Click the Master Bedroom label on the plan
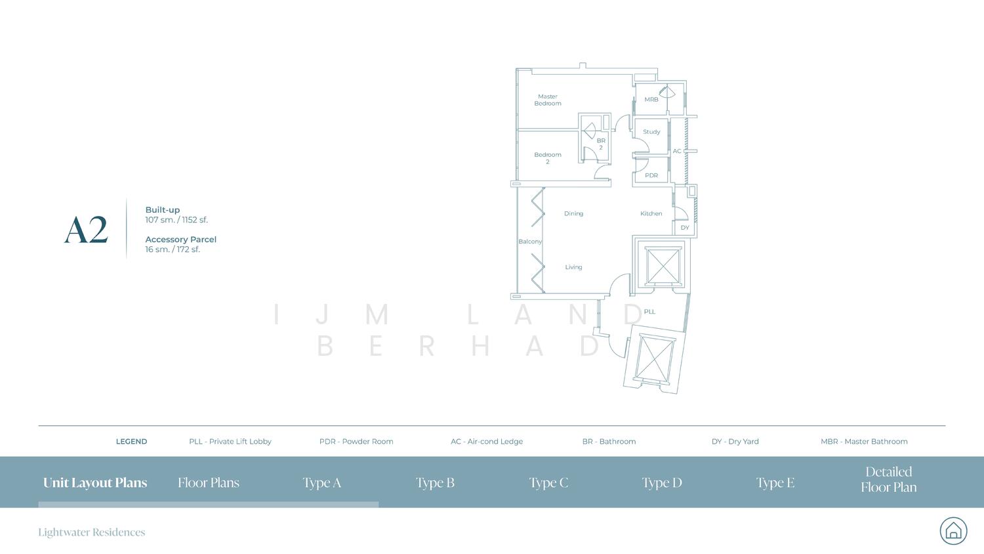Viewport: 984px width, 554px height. (x=547, y=100)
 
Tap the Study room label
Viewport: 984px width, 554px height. (x=651, y=131)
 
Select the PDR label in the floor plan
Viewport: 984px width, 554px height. (x=651, y=175)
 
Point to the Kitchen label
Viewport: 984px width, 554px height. (x=651, y=213)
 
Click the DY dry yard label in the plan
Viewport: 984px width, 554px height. (x=685, y=227)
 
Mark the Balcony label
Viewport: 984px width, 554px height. (x=530, y=242)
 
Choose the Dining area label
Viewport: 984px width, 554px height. (x=574, y=214)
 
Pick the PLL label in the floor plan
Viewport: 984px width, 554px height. (x=649, y=312)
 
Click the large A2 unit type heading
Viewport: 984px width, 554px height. (x=86, y=230)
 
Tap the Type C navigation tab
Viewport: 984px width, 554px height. (x=548, y=482)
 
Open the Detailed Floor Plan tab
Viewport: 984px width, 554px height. (x=889, y=479)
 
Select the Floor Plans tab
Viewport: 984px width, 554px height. (x=209, y=482)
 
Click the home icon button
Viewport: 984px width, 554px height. (x=953, y=530)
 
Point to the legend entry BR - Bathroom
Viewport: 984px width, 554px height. (x=609, y=442)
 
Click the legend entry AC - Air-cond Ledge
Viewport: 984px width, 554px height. (x=487, y=442)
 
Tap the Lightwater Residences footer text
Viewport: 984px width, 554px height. (x=91, y=532)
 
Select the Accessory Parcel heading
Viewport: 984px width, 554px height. (x=180, y=240)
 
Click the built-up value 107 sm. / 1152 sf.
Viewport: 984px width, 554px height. (x=176, y=220)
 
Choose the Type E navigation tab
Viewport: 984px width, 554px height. (x=775, y=482)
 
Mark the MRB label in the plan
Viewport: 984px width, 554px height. (x=651, y=99)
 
